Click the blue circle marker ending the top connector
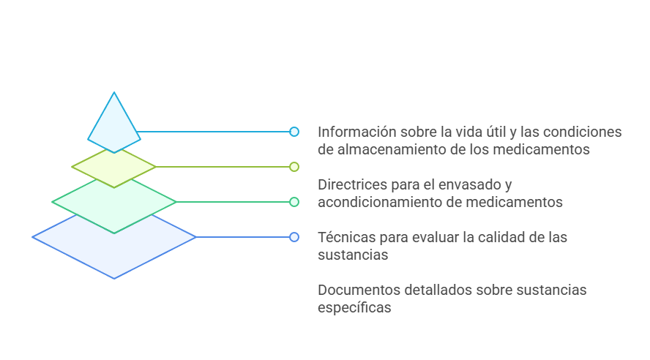294,132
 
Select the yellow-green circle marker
294,167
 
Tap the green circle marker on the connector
294,202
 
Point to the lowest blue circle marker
294,237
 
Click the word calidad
500,238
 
